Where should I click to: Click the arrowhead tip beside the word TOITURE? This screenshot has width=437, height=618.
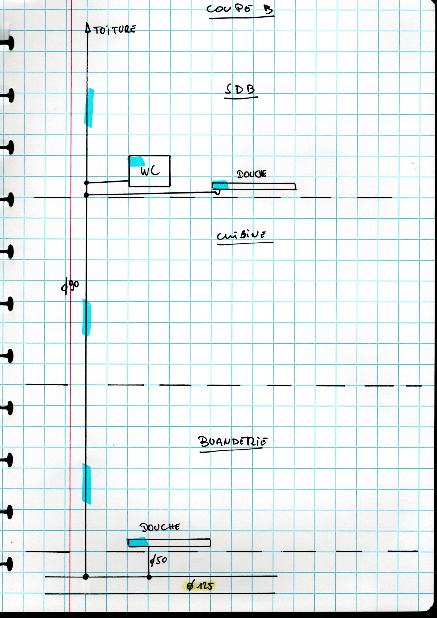click(x=87, y=23)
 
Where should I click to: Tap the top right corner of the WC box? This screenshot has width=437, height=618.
click(x=170, y=156)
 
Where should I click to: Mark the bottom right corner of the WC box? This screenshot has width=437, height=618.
click(x=170, y=186)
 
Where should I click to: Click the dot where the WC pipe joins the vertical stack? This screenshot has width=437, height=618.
click(x=87, y=183)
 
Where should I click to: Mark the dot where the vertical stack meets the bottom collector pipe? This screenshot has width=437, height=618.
click(x=86, y=577)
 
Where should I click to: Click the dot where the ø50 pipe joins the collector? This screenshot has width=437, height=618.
click(x=149, y=577)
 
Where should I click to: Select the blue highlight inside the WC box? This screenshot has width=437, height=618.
click(x=137, y=162)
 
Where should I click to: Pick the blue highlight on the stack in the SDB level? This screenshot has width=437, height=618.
click(x=89, y=108)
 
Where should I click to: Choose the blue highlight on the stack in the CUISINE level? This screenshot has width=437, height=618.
click(x=87, y=318)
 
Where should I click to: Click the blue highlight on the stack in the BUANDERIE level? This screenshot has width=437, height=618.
click(x=87, y=484)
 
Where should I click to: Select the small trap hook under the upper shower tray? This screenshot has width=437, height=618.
click(x=217, y=192)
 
